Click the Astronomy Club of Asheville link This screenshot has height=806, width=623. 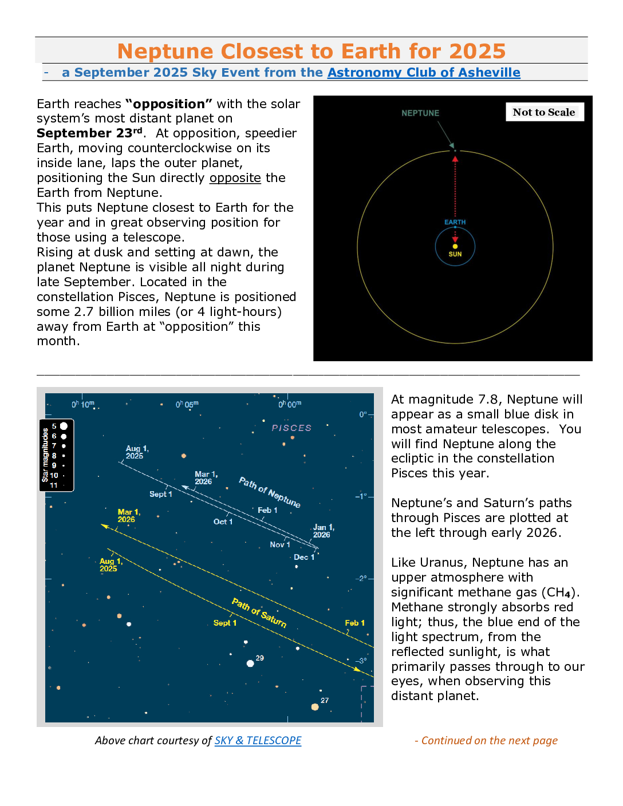424,73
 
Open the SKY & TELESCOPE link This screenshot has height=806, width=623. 258,740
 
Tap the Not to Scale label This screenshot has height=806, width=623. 544,112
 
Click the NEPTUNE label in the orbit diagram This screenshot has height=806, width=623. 420,113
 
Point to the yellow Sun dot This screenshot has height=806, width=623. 455,246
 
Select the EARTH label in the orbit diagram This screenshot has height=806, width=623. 455,222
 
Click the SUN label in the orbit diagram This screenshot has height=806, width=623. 455,254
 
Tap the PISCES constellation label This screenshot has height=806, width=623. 291,428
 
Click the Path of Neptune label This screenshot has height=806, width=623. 270,492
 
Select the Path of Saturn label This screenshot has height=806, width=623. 259,613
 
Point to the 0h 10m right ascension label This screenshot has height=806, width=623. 83,405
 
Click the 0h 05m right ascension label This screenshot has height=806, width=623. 187,405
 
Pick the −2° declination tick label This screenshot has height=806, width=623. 361,578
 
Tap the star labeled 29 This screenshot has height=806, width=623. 250,663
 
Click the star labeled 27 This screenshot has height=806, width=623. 315,707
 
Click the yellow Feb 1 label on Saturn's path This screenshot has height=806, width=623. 354,623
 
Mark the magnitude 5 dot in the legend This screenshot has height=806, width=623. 64,426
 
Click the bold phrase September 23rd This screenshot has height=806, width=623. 89,133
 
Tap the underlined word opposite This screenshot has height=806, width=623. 235,178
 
